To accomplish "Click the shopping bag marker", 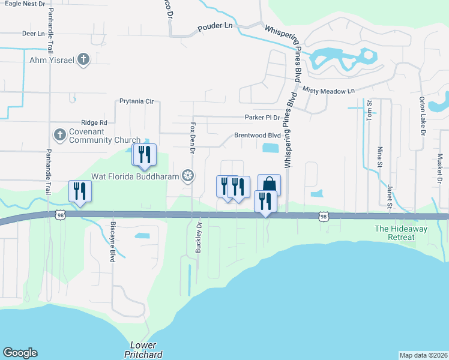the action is click(x=270, y=184).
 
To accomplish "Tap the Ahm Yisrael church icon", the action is click(x=83, y=59).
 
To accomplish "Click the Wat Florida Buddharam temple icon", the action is click(x=188, y=176).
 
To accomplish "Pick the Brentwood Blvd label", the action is click(x=258, y=136).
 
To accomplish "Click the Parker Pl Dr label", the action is click(x=262, y=117).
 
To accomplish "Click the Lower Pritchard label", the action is click(x=143, y=350).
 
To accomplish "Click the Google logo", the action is click(x=20, y=353).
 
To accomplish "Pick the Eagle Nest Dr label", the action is click(x=23, y=4).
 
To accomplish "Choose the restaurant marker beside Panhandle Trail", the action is click(x=79, y=191).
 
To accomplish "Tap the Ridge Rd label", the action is click(x=95, y=122).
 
